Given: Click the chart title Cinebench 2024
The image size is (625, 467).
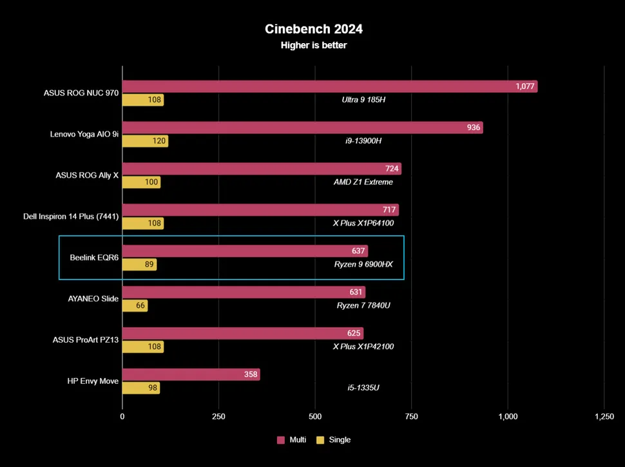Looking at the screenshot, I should pyautogui.click(x=314, y=29).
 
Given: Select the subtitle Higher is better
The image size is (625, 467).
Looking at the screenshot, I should pyautogui.click(x=314, y=45).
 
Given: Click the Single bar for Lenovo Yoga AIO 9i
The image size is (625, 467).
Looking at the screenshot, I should pyautogui.click(x=145, y=141).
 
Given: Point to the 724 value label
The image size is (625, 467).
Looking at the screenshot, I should pyautogui.click(x=391, y=169).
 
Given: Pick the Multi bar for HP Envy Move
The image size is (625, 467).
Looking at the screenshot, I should pyautogui.click(x=191, y=374).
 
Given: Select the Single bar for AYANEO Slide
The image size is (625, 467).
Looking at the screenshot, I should pyautogui.click(x=135, y=306).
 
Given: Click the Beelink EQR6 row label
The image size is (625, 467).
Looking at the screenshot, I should pyautogui.click(x=94, y=258).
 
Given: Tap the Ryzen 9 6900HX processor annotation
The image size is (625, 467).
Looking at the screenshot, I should pyautogui.click(x=363, y=264).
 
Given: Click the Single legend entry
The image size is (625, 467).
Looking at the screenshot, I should pyautogui.click(x=334, y=440).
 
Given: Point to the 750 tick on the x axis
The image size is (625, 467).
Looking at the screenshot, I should pyautogui.click(x=411, y=417).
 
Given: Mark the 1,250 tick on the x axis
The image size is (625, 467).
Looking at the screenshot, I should pyautogui.click(x=604, y=417).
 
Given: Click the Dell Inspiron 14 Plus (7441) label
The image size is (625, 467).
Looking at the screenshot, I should pyautogui.click(x=70, y=216).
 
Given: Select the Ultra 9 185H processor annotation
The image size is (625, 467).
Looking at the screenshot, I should pyautogui.click(x=363, y=100).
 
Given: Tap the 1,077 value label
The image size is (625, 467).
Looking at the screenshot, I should pyautogui.click(x=525, y=86).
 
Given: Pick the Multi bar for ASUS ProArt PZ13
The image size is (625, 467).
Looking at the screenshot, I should pyautogui.click(x=243, y=333).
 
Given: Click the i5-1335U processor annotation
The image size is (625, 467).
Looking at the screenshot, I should pyautogui.click(x=363, y=388).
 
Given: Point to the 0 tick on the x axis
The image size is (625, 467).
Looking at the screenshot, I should pyautogui.click(x=122, y=417).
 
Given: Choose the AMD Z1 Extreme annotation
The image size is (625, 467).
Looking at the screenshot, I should pyautogui.click(x=363, y=182).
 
